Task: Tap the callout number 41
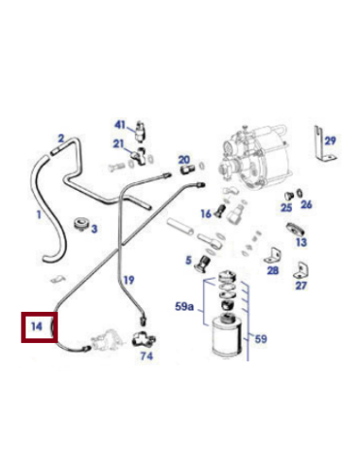coord(120,125)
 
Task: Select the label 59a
coord(185,306)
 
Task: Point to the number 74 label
coord(146,356)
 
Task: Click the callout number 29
coord(330,141)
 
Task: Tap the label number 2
coord(61,138)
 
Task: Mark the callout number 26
coord(306,204)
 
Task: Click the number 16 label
coord(205,215)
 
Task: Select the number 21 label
coord(119,144)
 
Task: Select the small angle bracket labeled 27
coord(301,268)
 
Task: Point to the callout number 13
coord(301,242)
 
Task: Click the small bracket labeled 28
coord(272,253)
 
